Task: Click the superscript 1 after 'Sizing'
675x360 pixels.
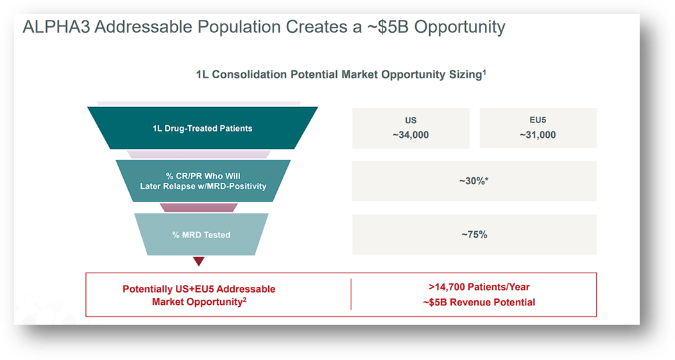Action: [484, 72]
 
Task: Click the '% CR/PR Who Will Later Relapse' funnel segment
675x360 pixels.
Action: [202, 181]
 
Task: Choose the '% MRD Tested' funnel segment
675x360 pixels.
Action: [201, 235]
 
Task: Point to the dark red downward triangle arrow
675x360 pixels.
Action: [199, 261]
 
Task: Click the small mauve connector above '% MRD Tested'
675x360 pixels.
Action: [198, 207]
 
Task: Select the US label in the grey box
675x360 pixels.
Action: [411, 121]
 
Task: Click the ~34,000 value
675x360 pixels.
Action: [411, 135]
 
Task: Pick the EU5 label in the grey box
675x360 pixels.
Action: [538, 121]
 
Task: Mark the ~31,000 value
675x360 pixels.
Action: [538, 135]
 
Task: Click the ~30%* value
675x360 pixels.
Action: [474, 181]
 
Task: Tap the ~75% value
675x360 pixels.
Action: [474, 235]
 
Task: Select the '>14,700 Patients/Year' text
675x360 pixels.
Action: [474, 287]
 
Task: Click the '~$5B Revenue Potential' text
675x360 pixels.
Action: [474, 302]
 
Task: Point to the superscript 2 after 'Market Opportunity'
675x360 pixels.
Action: [244, 299]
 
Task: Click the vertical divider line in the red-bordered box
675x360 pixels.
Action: [351, 295]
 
